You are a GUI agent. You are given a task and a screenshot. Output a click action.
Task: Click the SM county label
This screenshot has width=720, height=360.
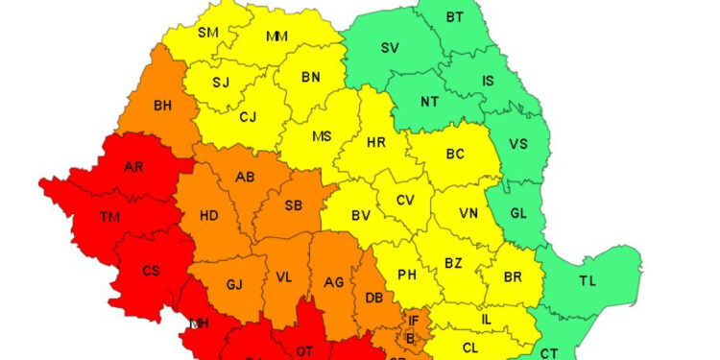pyautogui.click(x=208, y=32)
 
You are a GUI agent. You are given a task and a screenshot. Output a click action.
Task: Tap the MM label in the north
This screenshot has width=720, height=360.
pyautogui.click(x=277, y=37)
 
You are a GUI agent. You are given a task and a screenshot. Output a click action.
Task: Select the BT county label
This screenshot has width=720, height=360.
pyautogui.click(x=454, y=16)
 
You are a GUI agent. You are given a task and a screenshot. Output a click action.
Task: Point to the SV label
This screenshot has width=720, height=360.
pyautogui.click(x=390, y=48)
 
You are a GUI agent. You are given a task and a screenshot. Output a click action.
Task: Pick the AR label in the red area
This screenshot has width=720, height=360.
pyautogui.click(x=134, y=167)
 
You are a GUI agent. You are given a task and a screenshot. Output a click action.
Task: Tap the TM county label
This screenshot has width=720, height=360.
pyautogui.click(x=110, y=217)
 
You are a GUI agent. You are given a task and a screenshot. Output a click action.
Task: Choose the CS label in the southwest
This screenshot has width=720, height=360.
pyautogui.click(x=151, y=271)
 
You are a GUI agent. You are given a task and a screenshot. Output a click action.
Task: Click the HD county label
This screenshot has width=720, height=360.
pyautogui.click(x=208, y=215)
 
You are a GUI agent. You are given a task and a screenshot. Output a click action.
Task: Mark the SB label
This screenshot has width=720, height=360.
pyautogui.click(x=294, y=205)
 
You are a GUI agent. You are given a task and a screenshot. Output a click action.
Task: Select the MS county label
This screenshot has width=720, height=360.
pyautogui.click(x=322, y=135)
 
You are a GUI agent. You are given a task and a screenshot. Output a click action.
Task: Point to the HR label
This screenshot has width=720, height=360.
pyautogui.click(x=376, y=142)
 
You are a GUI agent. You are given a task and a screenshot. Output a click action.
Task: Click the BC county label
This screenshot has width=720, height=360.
pyautogui.click(x=455, y=153)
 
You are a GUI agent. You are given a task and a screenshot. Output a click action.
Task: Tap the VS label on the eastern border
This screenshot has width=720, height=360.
pyautogui.click(x=518, y=144)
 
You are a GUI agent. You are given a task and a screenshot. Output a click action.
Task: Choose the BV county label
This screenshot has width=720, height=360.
pyautogui.click(x=360, y=216)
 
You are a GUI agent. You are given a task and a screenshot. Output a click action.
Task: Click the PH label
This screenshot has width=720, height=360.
pyautogui.click(x=407, y=275)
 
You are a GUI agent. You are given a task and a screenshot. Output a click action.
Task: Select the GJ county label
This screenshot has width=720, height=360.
pyautogui.click(x=234, y=284)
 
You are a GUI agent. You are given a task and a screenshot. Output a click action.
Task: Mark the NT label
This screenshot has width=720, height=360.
pyautogui.click(x=433, y=100)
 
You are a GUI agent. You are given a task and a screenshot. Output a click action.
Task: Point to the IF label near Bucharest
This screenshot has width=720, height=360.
pyautogui.click(x=414, y=320)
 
